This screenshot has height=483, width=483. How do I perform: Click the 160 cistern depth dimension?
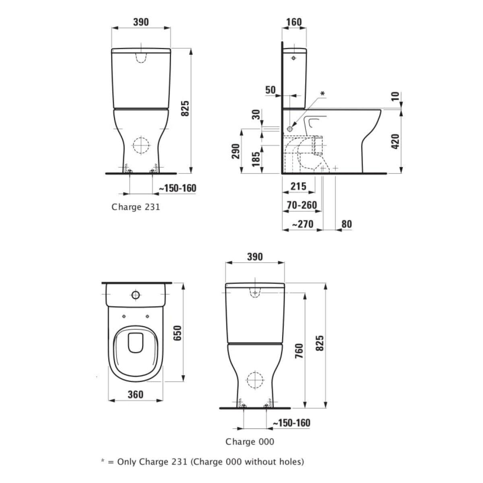click(x=294, y=22)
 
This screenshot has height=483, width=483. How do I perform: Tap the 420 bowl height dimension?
click(x=395, y=142)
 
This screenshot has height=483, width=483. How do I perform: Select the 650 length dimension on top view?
click(x=178, y=333)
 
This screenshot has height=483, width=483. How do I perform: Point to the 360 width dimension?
click(x=135, y=394)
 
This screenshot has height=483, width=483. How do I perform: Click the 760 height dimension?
click(x=299, y=351)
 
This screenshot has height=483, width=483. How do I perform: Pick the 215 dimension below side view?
click(x=298, y=186)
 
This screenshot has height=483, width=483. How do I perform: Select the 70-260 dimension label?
click(x=302, y=205)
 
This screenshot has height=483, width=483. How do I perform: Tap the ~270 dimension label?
click(x=303, y=224)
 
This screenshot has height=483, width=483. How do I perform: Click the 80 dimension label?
click(x=347, y=224)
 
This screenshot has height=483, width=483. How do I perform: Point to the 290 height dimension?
click(x=235, y=151)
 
